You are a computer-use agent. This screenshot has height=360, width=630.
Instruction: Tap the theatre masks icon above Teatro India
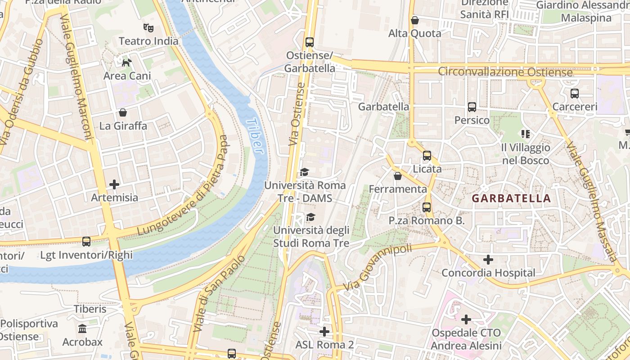coord(148,28)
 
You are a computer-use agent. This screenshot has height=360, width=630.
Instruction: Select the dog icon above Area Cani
coord(127,63)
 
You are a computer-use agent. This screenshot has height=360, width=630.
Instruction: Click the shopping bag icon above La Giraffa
coord(123,112)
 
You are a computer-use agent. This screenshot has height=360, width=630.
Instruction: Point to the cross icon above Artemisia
coord(114,184)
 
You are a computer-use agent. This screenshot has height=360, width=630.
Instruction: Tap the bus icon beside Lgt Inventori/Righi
coord(86,242)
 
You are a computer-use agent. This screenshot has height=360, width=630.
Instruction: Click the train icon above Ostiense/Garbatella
coord(310,42)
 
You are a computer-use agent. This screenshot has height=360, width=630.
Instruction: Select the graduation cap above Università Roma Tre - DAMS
coord(305,172)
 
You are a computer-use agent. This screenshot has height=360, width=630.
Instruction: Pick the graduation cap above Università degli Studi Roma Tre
coord(310,217)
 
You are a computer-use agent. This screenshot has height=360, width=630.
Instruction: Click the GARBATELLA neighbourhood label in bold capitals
coord(511,198)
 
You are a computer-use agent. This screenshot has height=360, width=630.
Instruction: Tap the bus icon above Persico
coord(472,107)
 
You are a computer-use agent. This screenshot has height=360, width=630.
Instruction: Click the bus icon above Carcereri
coord(575,94)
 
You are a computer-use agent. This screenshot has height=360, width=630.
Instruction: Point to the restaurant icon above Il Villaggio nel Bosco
coord(525,134)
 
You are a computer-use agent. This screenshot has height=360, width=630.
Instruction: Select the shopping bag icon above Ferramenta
coord(397,176)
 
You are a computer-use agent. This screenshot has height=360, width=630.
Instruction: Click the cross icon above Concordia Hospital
coord(488,260)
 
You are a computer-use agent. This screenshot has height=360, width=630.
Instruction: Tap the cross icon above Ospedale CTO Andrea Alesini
coord(466,319)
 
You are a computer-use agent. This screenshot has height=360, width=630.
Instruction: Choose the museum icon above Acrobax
coord(82,329)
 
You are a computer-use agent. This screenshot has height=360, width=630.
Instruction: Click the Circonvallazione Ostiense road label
coord(505,72)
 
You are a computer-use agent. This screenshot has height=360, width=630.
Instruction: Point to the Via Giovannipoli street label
coord(377,267)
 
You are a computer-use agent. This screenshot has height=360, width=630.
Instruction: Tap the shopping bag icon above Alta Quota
coord(415,20)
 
